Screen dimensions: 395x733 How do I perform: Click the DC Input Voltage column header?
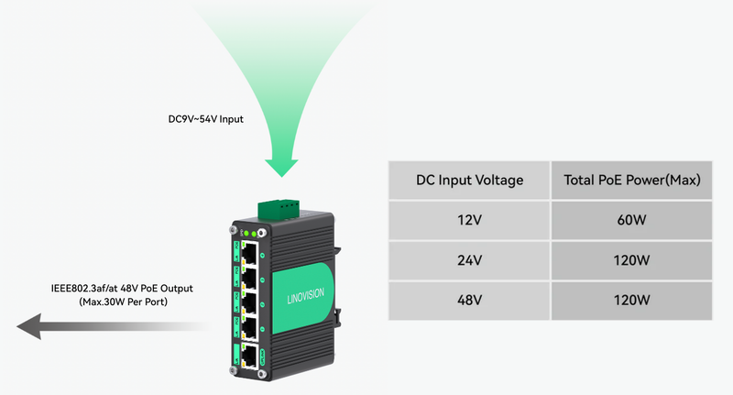[469, 181]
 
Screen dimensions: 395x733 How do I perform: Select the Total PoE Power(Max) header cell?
[631, 181]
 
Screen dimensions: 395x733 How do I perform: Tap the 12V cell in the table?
[469, 220]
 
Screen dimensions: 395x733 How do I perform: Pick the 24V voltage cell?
[469, 260]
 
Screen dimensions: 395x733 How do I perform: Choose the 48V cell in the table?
[469, 301]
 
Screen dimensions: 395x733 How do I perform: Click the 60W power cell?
[631, 220]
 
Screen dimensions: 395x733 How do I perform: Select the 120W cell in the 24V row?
[631, 260]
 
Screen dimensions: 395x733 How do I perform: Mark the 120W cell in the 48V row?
[631, 301]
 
